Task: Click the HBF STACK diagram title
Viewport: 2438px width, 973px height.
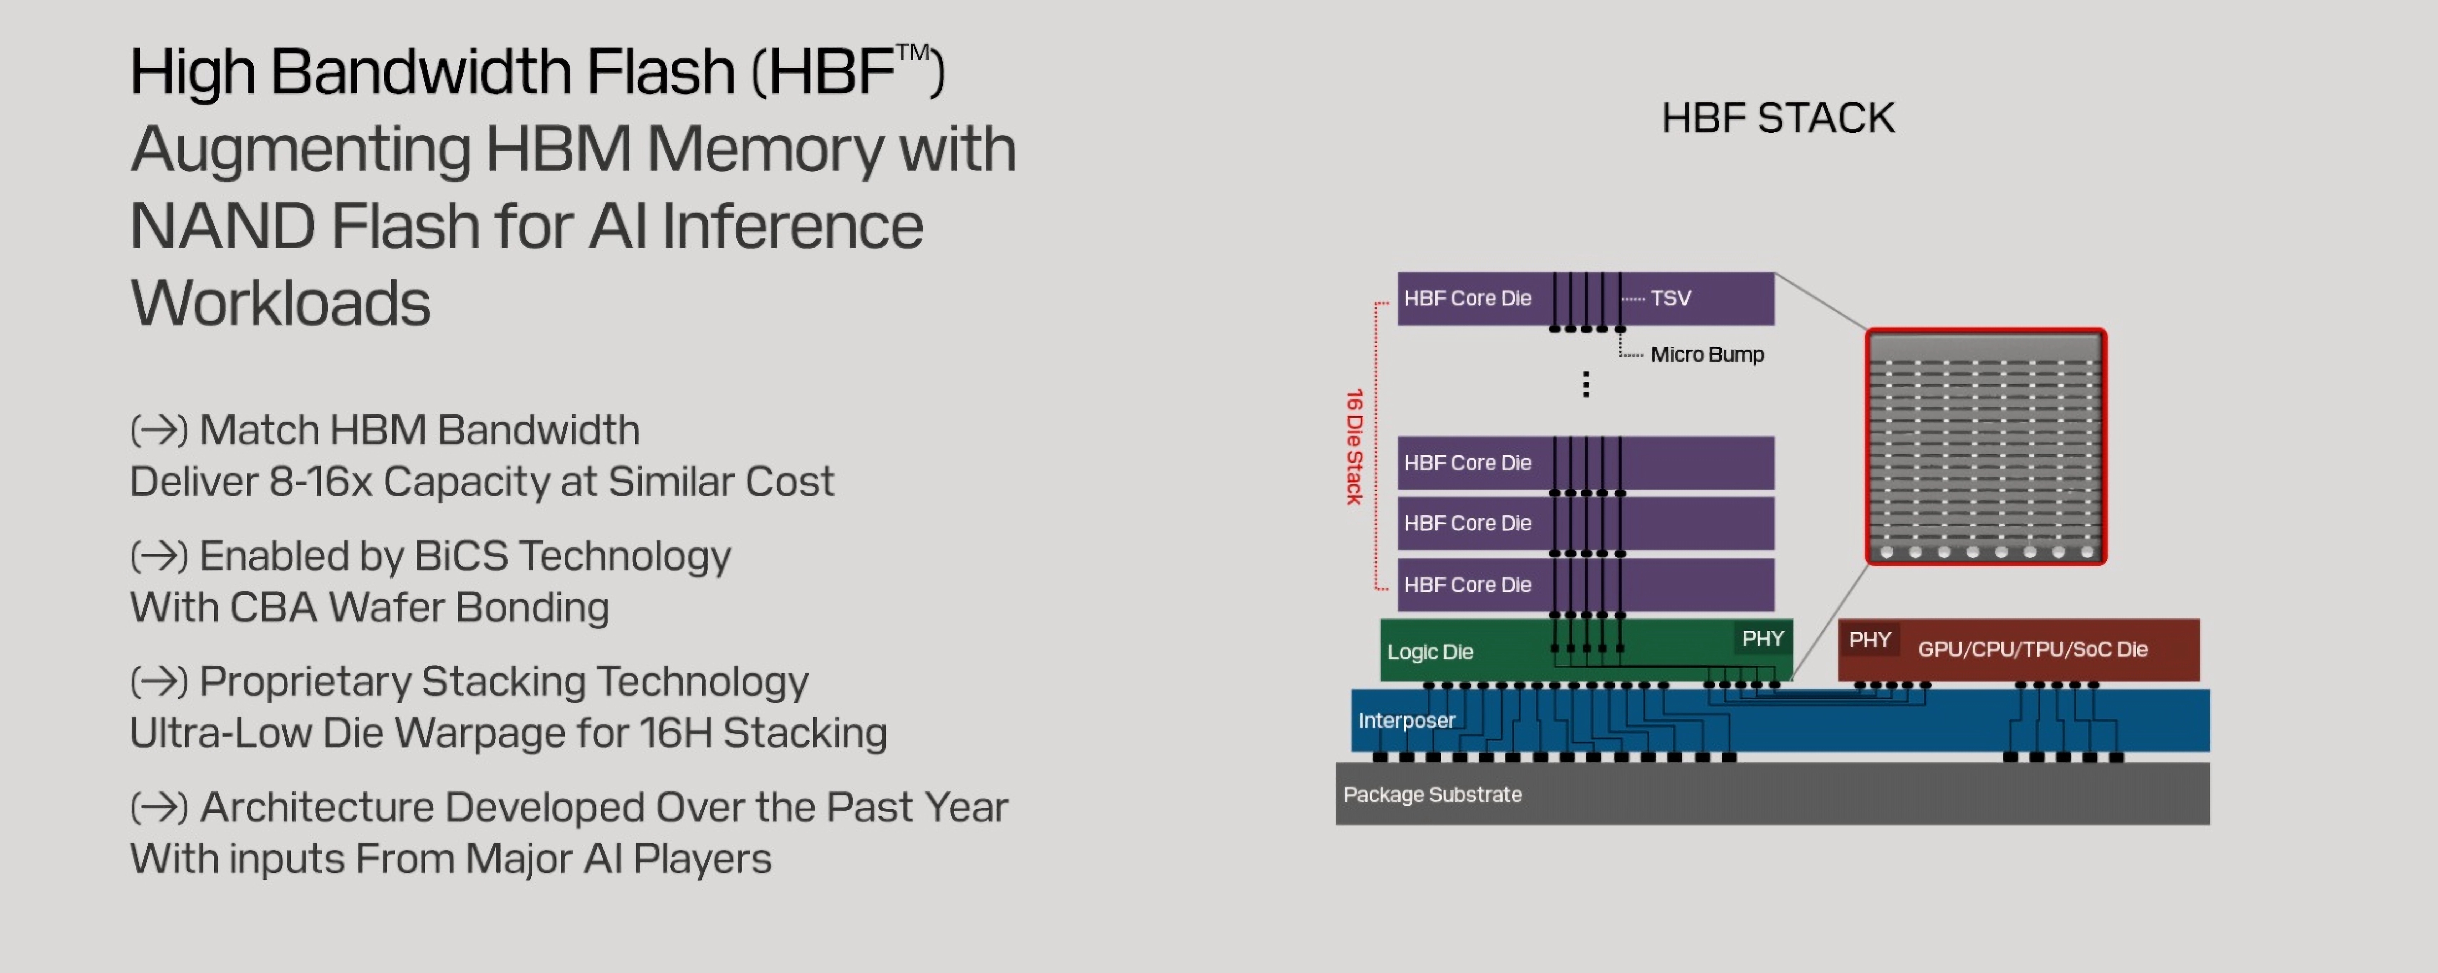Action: click(1778, 118)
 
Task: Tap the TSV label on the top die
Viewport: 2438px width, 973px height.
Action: click(1671, 298)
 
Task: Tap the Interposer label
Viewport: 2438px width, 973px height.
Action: click(1406, 720)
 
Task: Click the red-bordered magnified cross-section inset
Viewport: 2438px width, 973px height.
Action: click(1986, 447)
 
